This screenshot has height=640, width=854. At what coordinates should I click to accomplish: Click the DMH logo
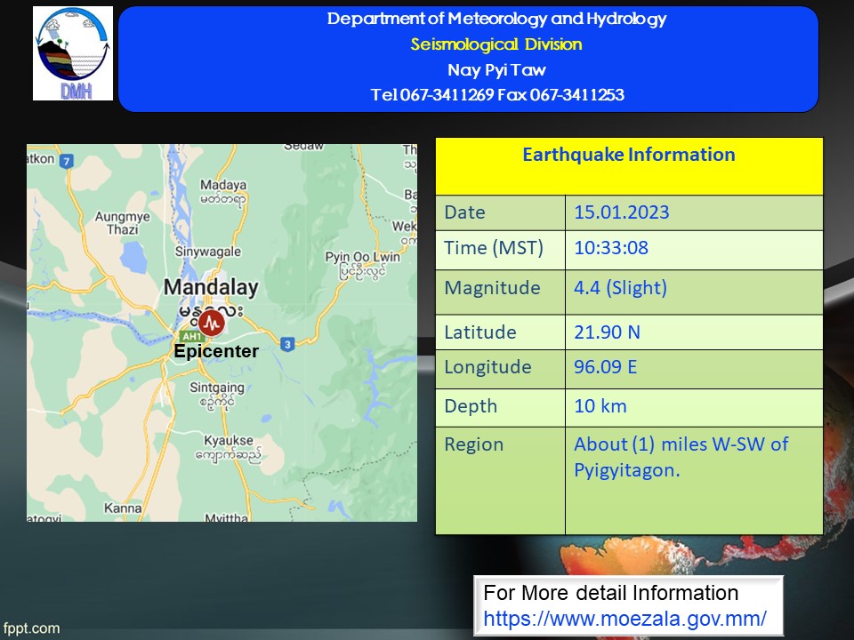click(73, 53)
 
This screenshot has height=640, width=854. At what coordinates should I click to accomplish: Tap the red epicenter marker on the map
click(212, 324)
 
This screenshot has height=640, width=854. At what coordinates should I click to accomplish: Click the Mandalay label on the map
click(212, 287)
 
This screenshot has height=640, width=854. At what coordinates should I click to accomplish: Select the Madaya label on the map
click(223, 192)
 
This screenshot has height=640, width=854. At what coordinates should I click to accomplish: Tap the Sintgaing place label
click(217, 395)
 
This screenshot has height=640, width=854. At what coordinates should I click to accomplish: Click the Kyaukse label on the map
click(229, 447)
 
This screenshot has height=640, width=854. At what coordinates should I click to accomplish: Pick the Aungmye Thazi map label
click(123, 223)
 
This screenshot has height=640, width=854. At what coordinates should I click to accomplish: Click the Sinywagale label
click(208, 252)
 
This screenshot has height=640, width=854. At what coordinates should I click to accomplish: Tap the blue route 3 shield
click(287, 344)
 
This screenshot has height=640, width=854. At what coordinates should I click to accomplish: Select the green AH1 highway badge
click(192, 337)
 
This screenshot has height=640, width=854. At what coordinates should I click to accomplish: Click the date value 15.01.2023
click(622, 212)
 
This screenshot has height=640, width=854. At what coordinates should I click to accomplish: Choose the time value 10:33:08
click(611, 248)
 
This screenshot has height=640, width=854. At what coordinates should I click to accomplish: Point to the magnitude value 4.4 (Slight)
click(620, 288)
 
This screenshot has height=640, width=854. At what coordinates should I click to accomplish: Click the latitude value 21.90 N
click(607, 332)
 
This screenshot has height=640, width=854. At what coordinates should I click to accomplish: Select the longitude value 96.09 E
click(605, 367)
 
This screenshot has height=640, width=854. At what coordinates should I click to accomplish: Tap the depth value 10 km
click(600, 406)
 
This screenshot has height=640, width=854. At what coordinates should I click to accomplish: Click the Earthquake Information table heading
click(629, 155)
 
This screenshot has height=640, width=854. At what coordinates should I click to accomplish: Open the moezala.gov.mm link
click(624, 619)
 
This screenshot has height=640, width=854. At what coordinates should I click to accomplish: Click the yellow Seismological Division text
click(496, 44)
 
